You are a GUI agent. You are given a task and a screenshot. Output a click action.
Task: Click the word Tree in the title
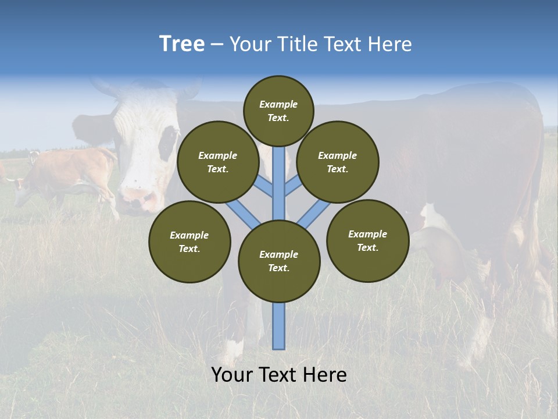[x=182, y=44]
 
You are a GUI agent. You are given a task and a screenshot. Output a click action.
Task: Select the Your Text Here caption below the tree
[x=279, y=375]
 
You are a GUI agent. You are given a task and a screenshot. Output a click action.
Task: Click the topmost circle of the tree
[x=278, y=111]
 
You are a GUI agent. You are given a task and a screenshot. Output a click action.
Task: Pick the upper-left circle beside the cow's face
[x=218, y=162]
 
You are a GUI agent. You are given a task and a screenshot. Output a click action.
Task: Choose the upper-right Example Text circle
[x=338, y=162]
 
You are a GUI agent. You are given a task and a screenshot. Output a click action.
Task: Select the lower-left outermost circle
[x=189, y=242]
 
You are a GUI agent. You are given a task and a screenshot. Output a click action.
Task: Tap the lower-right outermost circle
[x=368, y=240]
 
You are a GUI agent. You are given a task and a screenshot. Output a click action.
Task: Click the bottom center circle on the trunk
[x=279, y=261]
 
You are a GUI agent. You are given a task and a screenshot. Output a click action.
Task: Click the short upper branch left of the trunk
[x=263, y=187]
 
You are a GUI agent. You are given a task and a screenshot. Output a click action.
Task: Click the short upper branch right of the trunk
[x=294, y=186]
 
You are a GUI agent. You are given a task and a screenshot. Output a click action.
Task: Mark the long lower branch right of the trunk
[x=314, y=214]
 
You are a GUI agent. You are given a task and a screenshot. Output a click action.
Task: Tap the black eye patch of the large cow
[x=168, y=143]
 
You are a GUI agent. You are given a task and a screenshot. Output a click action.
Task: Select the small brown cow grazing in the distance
[x=64, y=175]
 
